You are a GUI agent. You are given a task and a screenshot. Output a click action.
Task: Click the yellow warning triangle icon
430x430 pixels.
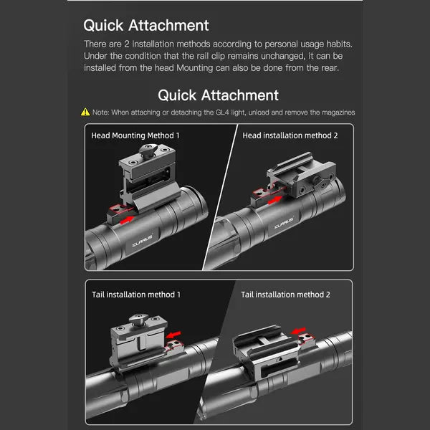coord(85,112)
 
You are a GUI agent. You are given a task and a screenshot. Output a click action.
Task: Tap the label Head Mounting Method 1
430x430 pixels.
coord(135,135)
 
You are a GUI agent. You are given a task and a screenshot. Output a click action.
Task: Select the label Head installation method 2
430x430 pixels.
coord(290,135)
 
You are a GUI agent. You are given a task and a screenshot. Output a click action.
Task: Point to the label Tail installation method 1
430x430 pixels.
coord(136,295)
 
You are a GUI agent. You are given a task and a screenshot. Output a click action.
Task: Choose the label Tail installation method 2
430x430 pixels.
coord(285,295)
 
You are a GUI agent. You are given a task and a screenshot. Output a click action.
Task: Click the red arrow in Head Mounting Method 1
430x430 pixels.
coord(127,220)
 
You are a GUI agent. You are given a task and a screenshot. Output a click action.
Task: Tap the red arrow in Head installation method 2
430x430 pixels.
coord(274,200)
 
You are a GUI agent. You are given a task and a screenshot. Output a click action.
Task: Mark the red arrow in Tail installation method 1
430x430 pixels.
coord(173,335)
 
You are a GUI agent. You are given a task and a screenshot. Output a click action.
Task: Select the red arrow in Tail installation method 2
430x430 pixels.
coord(298,330)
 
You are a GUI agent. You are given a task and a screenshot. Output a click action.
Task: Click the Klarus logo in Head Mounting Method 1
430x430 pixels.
coord(143,240)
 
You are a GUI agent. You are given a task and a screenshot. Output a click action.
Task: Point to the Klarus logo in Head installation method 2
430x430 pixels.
coord(284,224)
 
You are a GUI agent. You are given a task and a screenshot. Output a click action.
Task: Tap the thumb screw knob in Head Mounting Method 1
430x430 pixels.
coord(148,151)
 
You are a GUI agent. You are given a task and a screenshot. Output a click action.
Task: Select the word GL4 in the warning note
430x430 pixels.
coord(222,113)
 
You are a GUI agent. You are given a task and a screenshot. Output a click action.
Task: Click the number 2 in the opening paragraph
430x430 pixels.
coord(126,44)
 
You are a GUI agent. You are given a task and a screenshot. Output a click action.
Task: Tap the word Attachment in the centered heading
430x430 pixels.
coord(240,95)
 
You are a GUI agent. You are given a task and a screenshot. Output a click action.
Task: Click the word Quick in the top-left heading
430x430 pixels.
coord(103,26)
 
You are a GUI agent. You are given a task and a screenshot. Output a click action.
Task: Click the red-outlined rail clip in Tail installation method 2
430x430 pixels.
coord(307,339)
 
